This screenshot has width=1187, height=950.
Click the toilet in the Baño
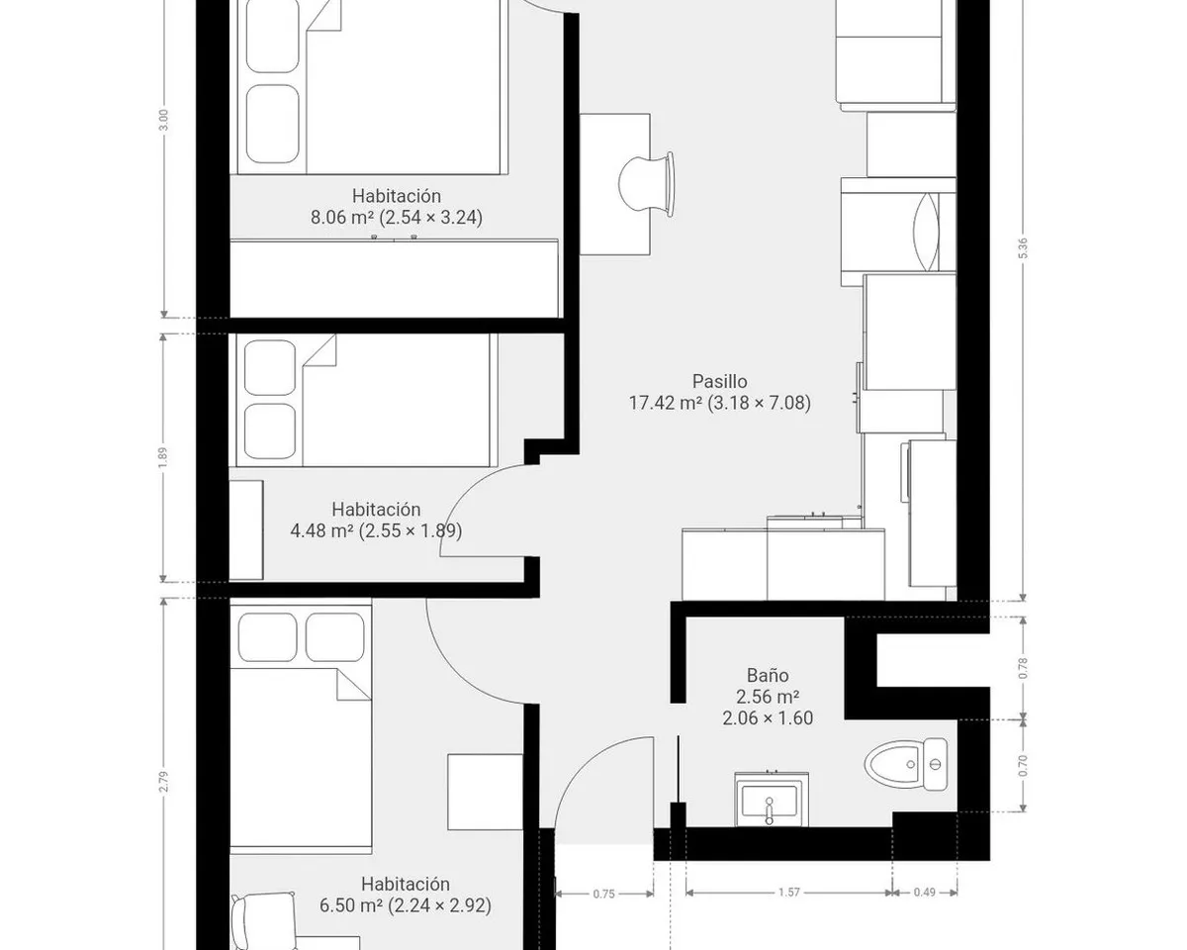(906, 765)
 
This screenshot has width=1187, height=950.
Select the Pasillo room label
(720, 381)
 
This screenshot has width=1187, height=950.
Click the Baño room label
(768, 675)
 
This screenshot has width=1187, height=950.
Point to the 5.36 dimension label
(1023, 247)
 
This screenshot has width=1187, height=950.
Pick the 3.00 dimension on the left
(162, 121)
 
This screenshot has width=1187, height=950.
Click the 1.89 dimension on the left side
(162, 457)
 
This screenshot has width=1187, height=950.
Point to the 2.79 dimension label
(163, 782)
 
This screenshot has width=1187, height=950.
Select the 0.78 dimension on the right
(1023, 669)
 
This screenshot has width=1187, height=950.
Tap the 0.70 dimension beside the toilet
(1023, 766)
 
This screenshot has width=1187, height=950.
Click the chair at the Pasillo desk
(647, 184)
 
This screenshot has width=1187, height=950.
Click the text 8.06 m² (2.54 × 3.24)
(397, 217)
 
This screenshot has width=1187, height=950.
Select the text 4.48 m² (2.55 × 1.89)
(376, 530)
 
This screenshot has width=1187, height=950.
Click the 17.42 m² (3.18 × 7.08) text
(720, 403)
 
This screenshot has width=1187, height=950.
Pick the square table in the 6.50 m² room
(486, 792)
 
